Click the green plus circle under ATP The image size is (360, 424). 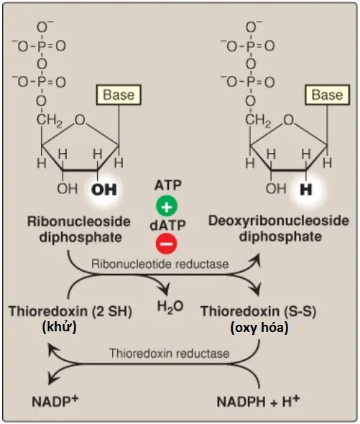point(167,206)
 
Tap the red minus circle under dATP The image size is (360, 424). point(167,244)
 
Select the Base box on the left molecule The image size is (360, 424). point(119,95)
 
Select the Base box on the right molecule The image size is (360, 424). point(327,95)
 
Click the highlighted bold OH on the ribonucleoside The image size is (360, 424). point(104,190)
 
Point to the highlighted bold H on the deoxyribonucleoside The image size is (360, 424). point(306,190)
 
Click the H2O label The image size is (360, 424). point(170,307)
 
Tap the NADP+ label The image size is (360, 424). point(55,400)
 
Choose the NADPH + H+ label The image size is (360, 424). point(258,400)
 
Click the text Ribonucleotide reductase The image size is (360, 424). point(160,264)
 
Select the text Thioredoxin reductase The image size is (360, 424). point(170,354)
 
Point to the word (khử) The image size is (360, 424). point(59,327)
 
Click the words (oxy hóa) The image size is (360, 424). point(259,328)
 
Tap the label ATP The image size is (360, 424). point(168,185)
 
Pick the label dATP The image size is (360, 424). point(167,225)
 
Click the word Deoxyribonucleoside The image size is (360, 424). point(279,221)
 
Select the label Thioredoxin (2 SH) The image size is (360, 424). point(70,311)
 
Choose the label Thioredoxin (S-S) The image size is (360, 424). point(258,311)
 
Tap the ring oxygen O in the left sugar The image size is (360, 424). point(80,120)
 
